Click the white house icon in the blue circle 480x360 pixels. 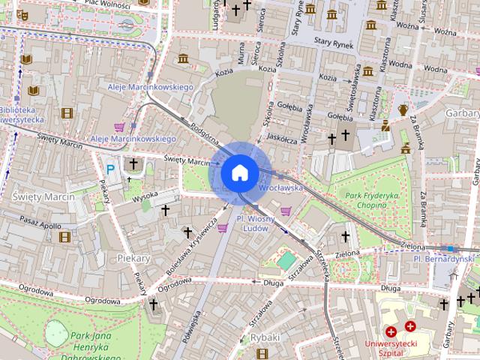[x=238, y=172]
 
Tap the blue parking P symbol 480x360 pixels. [x=111, y=170]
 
